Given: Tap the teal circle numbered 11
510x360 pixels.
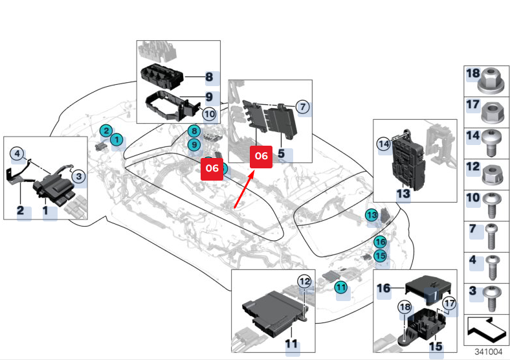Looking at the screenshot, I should (341, 286).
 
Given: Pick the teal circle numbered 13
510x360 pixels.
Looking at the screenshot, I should (371, 215).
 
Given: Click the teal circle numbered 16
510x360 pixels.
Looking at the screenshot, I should (380, 242).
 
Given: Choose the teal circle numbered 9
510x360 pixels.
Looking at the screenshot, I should (194, 145).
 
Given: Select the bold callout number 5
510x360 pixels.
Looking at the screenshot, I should (281, 154).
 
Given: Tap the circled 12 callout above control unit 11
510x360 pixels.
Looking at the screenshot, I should (304, 280).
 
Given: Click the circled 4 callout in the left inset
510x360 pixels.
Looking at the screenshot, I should (17, 153).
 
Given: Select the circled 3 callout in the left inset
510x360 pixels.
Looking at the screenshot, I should (78, 175).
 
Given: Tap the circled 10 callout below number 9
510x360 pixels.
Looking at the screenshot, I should (209, 114).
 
